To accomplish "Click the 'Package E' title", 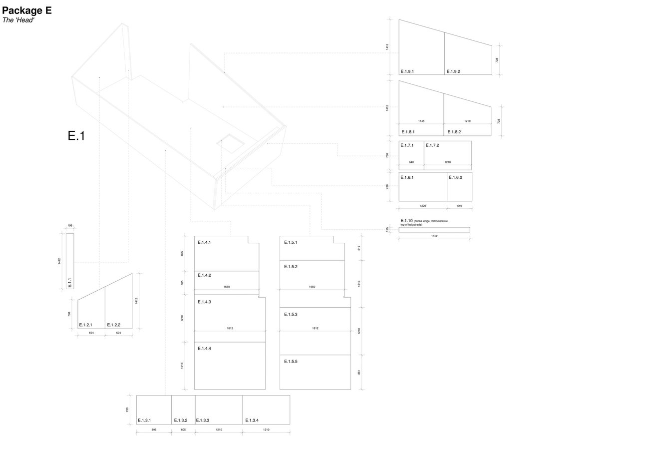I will (27, 10).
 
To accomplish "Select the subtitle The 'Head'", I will (18, 20).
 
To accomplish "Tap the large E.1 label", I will (76, 136).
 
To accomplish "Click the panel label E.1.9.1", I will (407, 71).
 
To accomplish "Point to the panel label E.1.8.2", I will (454, 132).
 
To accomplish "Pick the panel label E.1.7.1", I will (407, 145).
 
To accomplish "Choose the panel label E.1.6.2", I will (455, 177).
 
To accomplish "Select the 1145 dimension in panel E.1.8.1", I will (421, 121).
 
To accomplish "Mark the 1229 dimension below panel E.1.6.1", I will (422, 206).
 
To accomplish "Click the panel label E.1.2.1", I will (86, 325).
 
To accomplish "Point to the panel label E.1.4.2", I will (204, 275).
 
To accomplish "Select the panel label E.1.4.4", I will (204, 349).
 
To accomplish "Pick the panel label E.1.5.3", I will (291, 315).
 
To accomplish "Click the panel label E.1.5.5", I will (291, 361).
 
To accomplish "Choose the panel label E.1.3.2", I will (180, 421).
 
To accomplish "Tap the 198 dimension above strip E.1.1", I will (70, 226).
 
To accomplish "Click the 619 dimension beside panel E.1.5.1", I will (359, 248).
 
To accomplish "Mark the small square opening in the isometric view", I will (231, 143).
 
